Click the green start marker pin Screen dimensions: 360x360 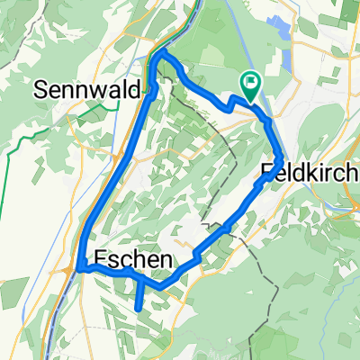(x=250, y=85)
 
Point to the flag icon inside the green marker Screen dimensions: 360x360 (x=250, y=83)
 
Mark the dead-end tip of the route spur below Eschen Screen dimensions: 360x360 (x=139, y=309)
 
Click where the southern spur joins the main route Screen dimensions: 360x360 (x=140, y=280)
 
